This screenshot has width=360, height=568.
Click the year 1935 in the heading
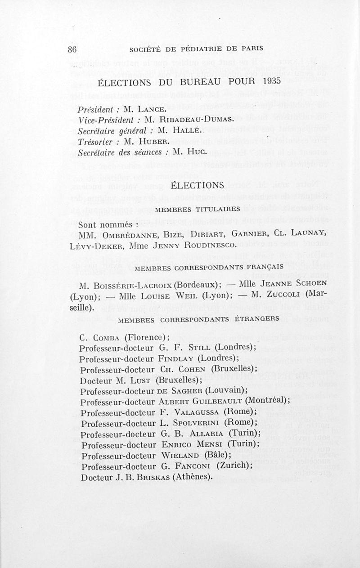(x=269, y=81)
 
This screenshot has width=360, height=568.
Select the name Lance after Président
(x=140, y=109)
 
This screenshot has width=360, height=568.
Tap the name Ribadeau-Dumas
(x=196, y=119)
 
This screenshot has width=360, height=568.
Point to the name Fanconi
(x=190, y=466)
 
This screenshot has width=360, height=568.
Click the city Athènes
(x=191, y=477)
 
